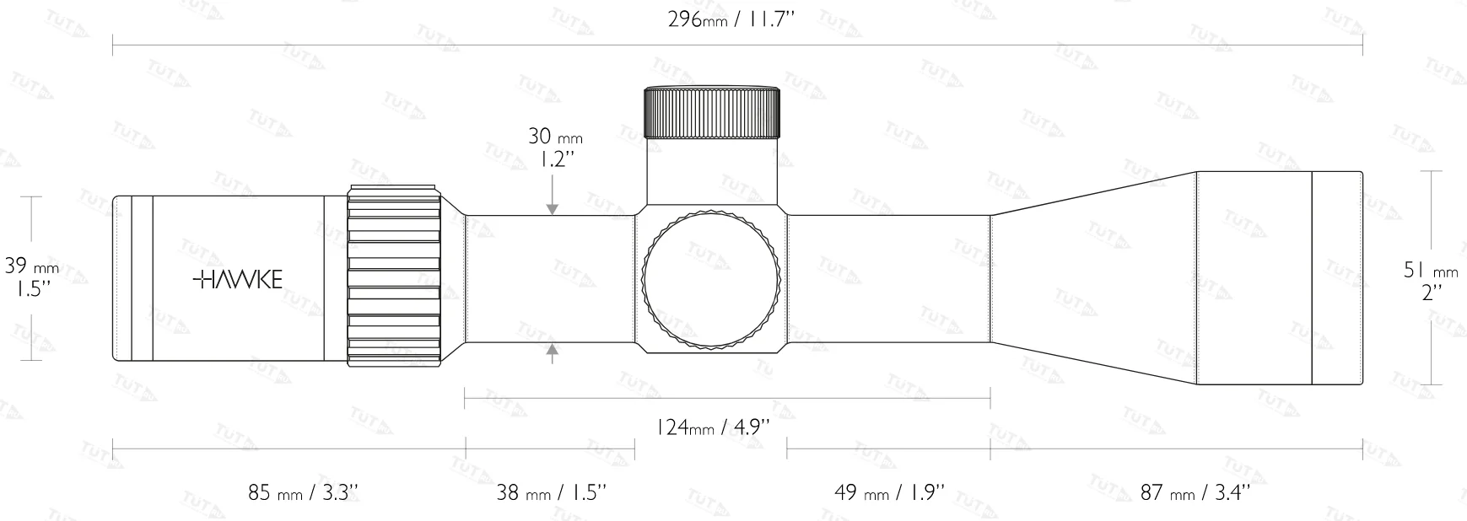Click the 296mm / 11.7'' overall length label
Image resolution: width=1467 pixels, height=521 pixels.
coord(731,19)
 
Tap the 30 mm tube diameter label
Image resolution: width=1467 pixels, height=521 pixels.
coord(554,136)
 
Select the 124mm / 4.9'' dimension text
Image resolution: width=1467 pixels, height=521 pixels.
coord(713,427)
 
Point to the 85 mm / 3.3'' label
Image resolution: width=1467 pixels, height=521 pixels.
coord(304,492)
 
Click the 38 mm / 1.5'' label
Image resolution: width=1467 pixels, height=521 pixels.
coord(551,492)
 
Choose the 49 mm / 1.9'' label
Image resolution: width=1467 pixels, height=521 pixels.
coord(888,492)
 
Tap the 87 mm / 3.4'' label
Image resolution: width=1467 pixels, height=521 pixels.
coord(1195,492)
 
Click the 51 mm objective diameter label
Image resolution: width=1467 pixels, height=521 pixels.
coord(1430,271)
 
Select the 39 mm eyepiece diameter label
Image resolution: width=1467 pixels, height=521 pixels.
coord(32,267)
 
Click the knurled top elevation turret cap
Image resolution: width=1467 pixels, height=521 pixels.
coord(713,112)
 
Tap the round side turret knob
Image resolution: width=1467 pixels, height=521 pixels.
coord(711,281)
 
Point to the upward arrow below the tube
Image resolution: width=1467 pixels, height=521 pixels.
coord(553,354)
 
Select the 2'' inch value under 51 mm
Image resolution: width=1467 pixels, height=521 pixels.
coord(1431,293)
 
